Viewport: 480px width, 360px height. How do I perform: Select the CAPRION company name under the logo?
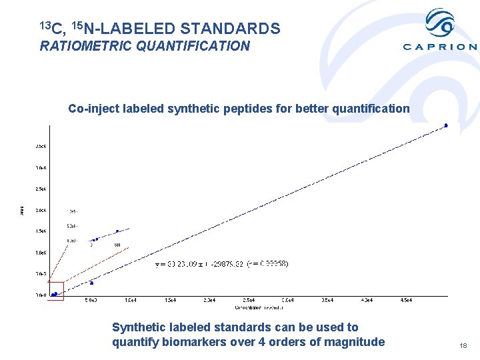pos(439,47)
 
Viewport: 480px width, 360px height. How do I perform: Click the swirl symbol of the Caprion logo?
pos(439,23)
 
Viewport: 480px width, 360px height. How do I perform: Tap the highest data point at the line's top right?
pos(446,125)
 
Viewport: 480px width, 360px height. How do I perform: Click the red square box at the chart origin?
pos(55,291)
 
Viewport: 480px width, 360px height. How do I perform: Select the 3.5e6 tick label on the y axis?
pos(41,146)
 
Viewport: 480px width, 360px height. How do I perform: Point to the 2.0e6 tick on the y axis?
pos(41,210)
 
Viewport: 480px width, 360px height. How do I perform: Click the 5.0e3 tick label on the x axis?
pos(91,301)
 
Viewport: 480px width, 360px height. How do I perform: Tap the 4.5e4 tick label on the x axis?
pos(406,301)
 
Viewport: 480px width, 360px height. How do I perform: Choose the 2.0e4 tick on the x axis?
pos(209,301)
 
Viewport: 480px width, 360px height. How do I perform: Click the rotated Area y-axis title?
pos(21,210)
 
